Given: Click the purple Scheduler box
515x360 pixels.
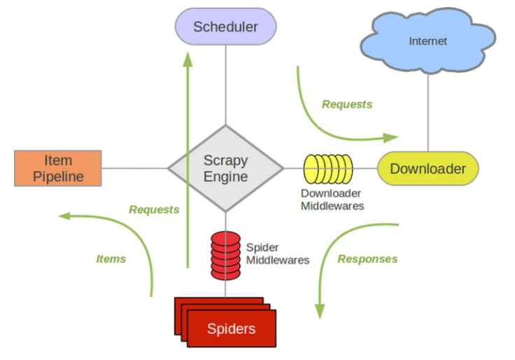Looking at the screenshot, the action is [225, 27].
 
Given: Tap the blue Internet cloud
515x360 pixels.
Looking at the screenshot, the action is [428, 41].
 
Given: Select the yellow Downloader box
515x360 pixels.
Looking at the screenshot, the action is [428, 169].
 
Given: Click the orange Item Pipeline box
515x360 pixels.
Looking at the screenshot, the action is [58, 168].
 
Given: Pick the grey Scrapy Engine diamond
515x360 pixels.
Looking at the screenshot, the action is [225, 168].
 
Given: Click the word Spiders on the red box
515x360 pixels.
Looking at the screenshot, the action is [231, 328].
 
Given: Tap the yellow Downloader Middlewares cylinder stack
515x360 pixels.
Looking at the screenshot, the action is [328, 169].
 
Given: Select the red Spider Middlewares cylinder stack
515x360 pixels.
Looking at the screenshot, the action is [225, 256].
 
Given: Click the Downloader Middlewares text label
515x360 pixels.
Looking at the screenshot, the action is [332, 200].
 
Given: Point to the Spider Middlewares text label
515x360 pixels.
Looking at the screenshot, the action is [278, 254].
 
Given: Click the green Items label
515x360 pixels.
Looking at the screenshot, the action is [111, 259].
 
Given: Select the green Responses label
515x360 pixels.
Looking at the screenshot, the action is [367, 259].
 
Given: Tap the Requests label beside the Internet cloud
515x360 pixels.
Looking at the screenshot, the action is [347, 104].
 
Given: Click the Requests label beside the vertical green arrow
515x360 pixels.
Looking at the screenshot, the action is [154, 209].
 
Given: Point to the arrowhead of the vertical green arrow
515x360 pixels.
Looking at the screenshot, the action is [188, 60].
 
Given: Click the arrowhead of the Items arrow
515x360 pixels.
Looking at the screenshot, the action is [64, 216].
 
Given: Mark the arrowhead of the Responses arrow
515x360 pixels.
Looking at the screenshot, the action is [320, 312].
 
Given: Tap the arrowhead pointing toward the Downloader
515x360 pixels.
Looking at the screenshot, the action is [391, 137].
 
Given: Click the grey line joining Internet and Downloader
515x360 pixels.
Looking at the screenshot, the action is [428, 113].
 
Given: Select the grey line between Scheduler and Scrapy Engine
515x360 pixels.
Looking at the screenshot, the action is [225, 85].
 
